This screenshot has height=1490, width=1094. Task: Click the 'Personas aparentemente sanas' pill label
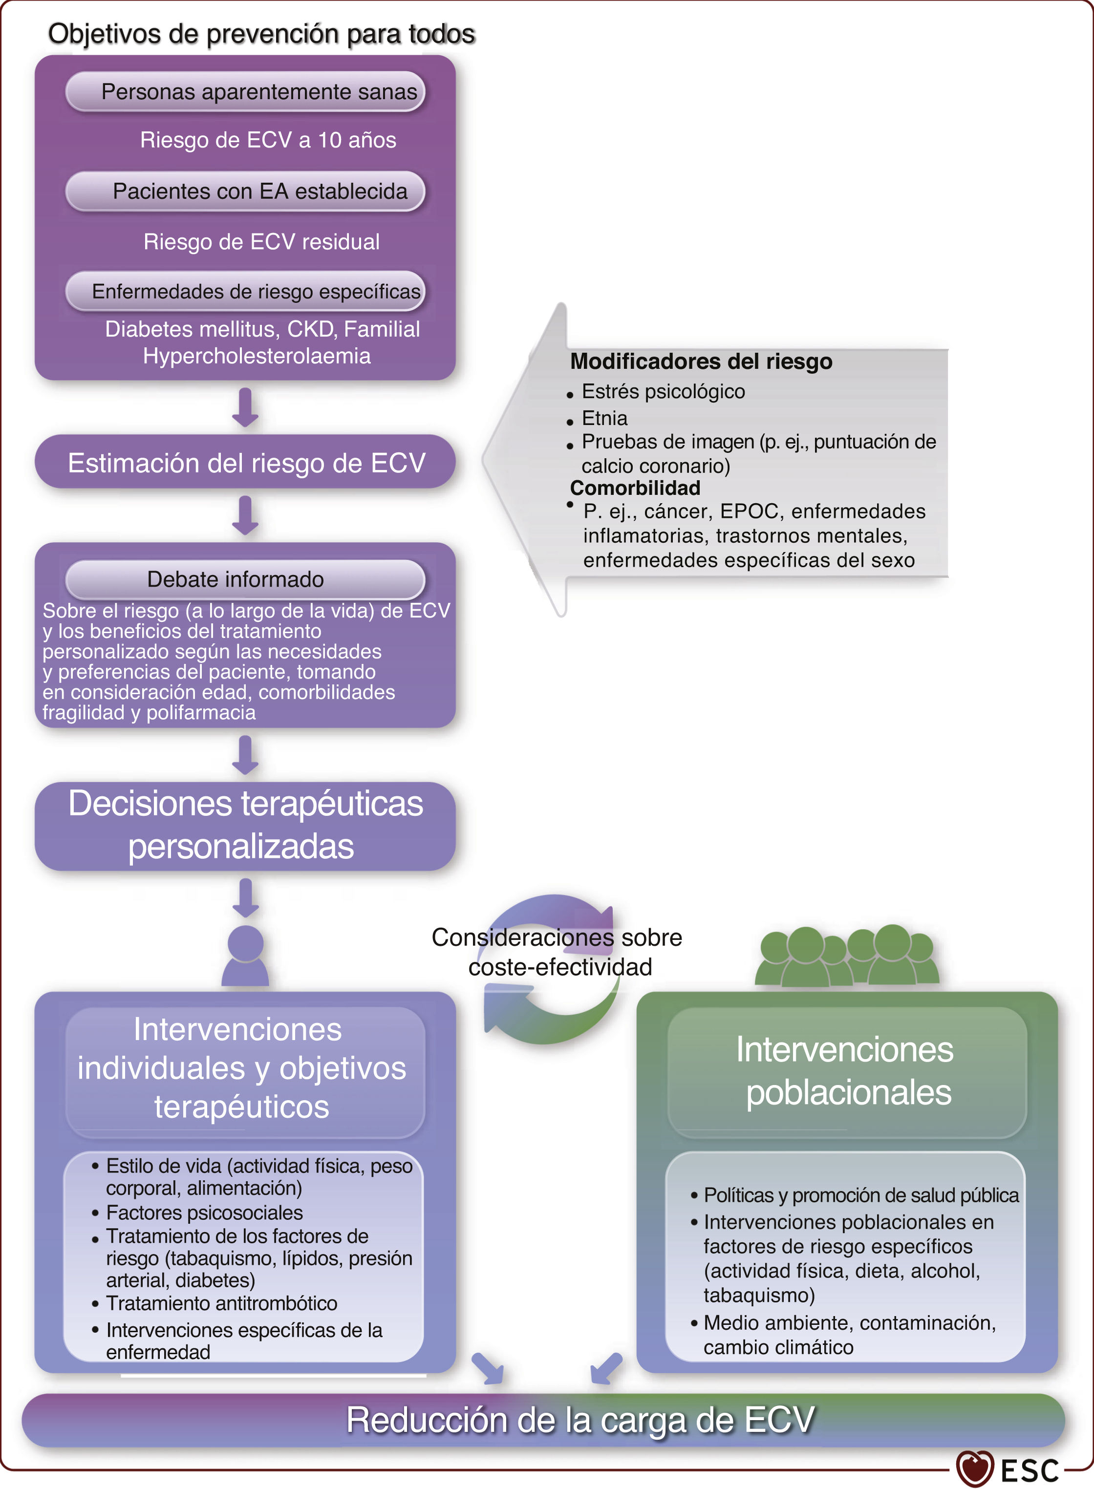point(258,91)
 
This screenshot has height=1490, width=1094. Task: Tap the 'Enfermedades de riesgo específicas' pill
point(256,291)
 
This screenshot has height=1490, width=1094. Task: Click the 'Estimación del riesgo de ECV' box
point(246,463)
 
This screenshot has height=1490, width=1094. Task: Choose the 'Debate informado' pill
point(236,579)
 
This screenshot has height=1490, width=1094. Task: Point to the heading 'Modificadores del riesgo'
point(701,362)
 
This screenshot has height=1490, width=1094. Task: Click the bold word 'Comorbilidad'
point(634,488)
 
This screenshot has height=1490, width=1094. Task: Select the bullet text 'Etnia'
point(604,418)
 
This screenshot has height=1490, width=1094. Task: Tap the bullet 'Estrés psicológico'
point(663,391)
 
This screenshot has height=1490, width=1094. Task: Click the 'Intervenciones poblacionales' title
point(846,1070)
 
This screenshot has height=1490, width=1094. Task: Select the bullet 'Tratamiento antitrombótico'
point(221,1303)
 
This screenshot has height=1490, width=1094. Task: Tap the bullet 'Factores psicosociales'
point(204,1212)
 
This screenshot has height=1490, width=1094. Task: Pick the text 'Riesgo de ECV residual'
point(261,242)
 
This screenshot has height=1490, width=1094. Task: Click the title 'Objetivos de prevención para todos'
point(261,34)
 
